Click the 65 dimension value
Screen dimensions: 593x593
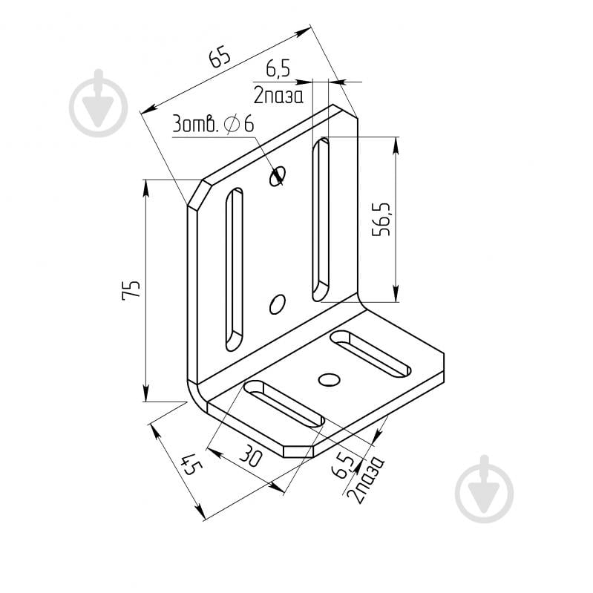pyautogui.click(x=220, y=56)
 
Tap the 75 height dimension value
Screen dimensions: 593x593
pyautogui.click(x=131, y=290)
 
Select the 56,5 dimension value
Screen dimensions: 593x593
pyautogui.click(x=381, y=219)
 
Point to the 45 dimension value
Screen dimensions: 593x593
pyautogui.click(x=191, y=464)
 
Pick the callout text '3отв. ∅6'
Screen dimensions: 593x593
pyautogui.click(x=213, y=124)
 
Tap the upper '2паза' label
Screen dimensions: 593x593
pyautogui.click(x=278, y=96)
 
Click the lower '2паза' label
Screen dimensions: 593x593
pyautogui.click(x=365, y=479)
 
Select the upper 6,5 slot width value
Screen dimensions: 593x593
pyautogui.click(x=278, y=70)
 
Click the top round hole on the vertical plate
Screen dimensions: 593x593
pyautogui.click(x=278, y=176)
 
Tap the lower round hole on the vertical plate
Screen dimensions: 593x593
pyautogui.click(x=278, y=304)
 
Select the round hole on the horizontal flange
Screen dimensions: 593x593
pyautogui.click(x=329, y=379)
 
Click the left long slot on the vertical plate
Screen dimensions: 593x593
pyautogui.click(x=234, y=269)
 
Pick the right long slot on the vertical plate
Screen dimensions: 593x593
pyautogui.click(x=321, y=220)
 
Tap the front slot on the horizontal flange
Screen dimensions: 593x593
pyautogui.click(x=284, y=404)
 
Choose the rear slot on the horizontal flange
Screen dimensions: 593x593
pyautogui.click(x=370, y=354)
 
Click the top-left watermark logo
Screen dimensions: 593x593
pyautogui.click(x=98, y=103)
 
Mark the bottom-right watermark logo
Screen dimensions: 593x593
pyautogui.click(x=485, y=489)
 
